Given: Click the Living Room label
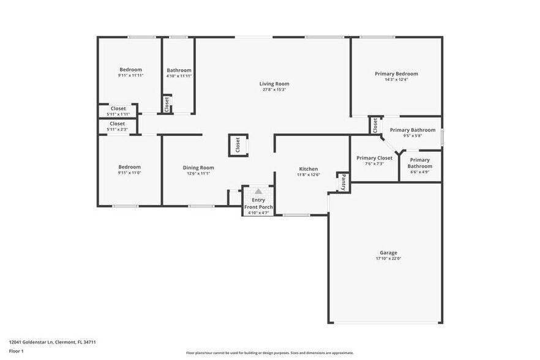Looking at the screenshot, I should pos(274,84).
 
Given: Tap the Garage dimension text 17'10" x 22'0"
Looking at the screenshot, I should pos(388,258).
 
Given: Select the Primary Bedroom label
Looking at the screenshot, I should pos(396,73).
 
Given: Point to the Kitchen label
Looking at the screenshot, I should pos(308,169).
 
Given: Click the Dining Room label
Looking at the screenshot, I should pos(198,167).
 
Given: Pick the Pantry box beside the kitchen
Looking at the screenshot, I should pos(343,182).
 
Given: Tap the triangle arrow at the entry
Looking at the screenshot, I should pos(258,191).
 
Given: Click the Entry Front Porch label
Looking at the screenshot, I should pos(258,203).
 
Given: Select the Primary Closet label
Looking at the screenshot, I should pos(374,158).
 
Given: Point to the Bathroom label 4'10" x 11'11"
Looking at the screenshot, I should pos(179,70).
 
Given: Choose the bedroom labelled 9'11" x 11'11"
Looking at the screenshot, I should pos(130,70).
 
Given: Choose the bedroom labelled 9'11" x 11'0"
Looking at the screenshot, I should pos(129,167).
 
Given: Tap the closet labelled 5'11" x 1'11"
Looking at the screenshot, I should pos(118,109).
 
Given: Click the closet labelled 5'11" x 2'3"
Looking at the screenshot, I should pos(118,124).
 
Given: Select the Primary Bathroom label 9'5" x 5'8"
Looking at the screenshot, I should pos(413,130).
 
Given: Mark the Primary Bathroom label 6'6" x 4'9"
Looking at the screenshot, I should pos(420,163).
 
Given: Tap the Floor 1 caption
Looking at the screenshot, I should pos(16,351).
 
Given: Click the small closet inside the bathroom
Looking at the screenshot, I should pos(167,104).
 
